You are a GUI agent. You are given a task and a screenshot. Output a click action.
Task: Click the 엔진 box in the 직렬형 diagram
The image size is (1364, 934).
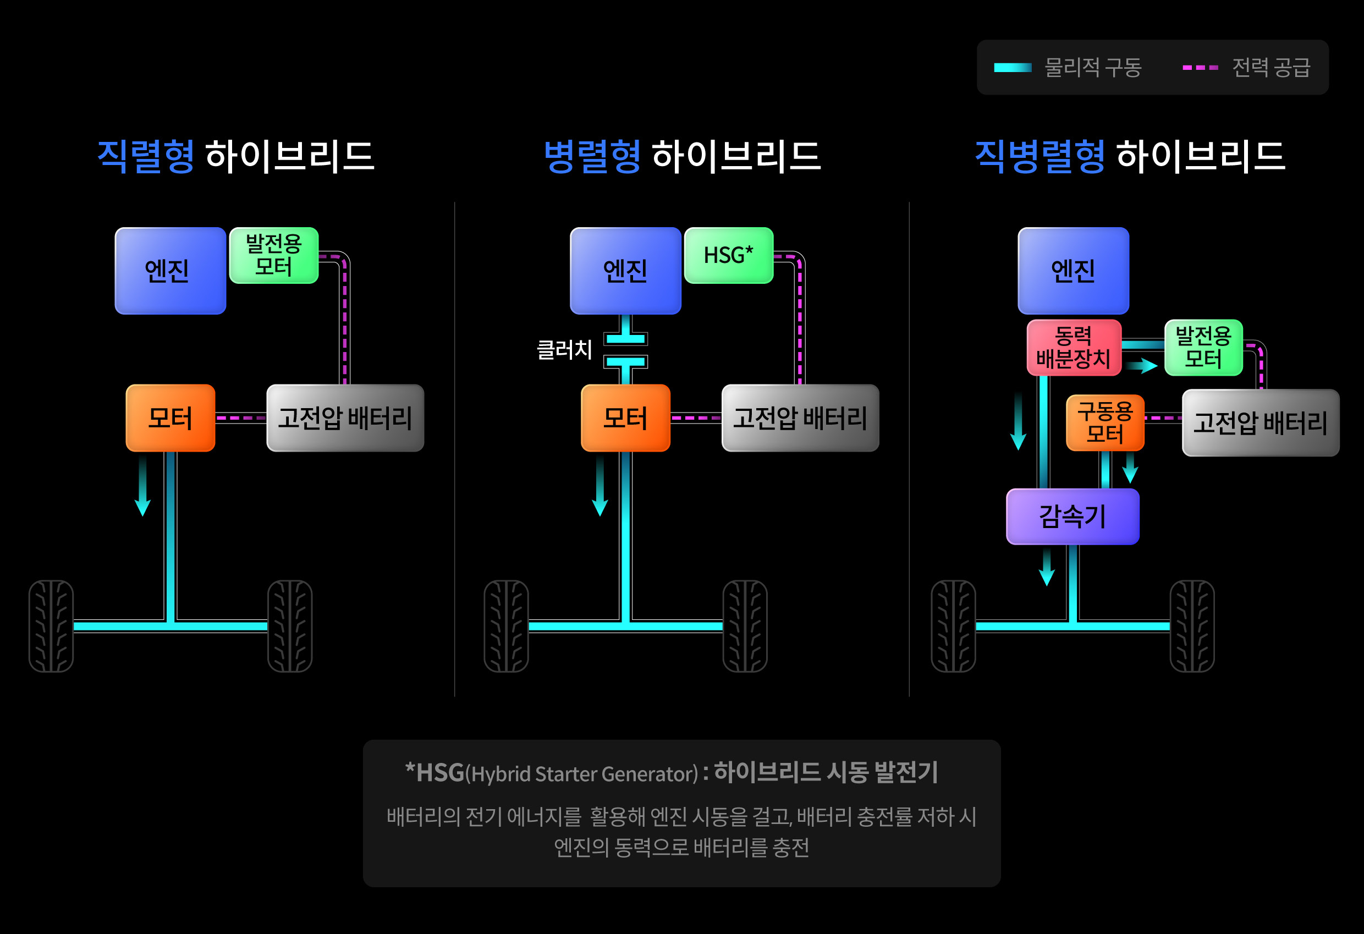tap(170, 271)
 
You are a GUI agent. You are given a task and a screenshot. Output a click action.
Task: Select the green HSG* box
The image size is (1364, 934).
tap(728, 255)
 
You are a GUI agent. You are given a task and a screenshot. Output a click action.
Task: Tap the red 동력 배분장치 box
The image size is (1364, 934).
tap(1074, 348)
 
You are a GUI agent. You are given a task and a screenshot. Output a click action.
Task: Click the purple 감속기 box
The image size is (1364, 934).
tap(1072, 517)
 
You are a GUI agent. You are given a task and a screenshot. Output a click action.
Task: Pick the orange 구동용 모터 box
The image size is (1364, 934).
tap(1104, 422)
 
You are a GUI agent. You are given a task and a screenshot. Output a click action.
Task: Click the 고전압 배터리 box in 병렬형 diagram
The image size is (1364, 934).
tap(800, 418)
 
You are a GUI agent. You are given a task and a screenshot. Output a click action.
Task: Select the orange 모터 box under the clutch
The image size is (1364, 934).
tap(625, 418)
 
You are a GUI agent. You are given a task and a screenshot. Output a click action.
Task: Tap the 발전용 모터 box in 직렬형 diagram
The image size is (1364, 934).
tap(273, 255)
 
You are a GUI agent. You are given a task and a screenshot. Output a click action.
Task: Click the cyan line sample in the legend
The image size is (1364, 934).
tap(1013, 68)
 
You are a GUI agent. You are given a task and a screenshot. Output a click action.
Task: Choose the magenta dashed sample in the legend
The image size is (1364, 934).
tap(1200, 68)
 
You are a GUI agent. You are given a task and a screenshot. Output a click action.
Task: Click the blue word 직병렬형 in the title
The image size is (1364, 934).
tap(1039, 156)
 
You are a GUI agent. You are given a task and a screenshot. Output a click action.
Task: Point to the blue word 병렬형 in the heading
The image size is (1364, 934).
tap(592, 156)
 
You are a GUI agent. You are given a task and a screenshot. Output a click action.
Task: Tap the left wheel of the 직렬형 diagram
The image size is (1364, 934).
tap(51, 626)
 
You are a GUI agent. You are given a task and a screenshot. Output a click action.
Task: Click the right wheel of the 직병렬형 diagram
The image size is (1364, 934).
tap(1191, 626)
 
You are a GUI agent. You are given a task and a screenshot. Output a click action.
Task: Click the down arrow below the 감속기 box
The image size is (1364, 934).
tap(1047, 567)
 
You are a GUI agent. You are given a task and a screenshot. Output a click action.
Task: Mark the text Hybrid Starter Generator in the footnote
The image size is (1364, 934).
tap(585, 774)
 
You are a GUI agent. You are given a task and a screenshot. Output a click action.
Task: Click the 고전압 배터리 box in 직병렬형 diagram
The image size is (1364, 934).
tap(1260, 422)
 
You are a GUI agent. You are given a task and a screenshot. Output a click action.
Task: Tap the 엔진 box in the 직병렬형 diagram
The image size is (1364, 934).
tap(1073, 271)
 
